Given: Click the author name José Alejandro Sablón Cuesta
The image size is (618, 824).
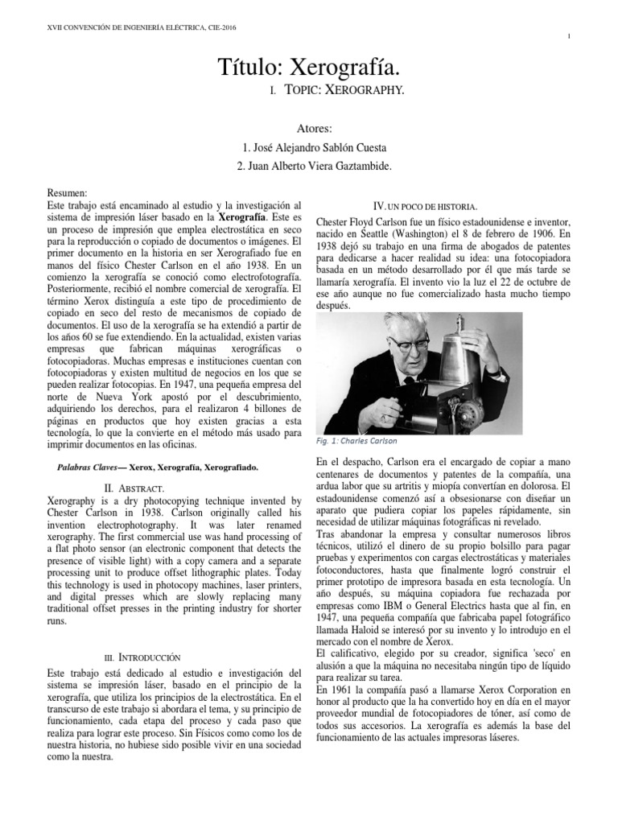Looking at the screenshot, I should coord(309,148).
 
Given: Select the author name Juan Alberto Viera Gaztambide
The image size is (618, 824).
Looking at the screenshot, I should coord(309,167).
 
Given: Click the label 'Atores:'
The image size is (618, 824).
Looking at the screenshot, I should coord(308,129).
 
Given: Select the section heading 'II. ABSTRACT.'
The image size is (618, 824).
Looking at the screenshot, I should coord(134,488).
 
